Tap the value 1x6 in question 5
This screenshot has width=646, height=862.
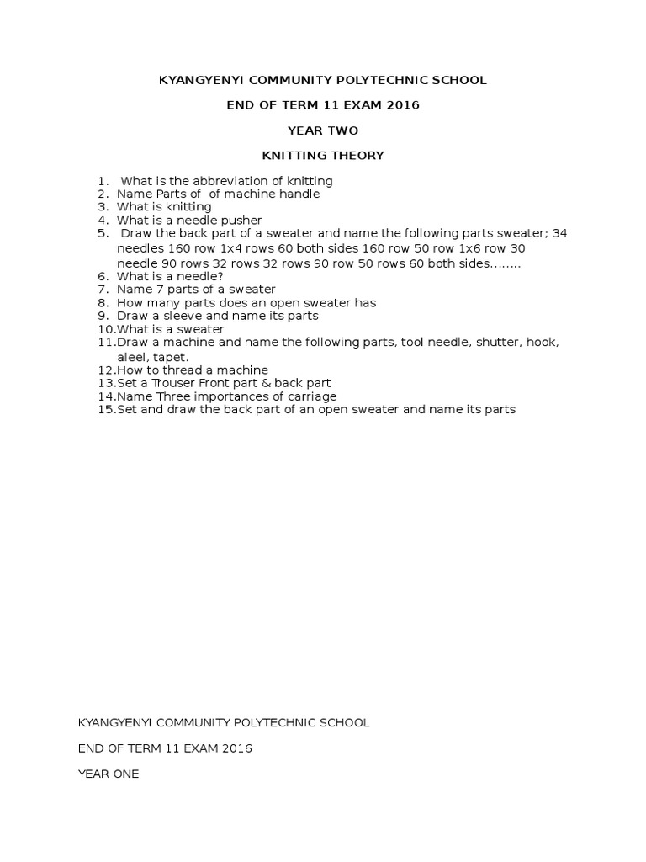coord(493,249)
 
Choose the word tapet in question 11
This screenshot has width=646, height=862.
coord(168,357)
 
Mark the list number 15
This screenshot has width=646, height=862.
coord(107,410)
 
